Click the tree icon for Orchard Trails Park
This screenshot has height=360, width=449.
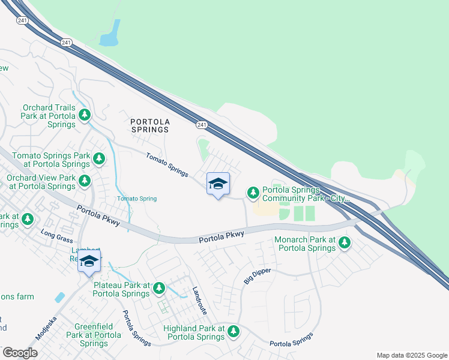tap(85, 114)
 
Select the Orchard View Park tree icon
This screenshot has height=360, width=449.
tap(85, 181)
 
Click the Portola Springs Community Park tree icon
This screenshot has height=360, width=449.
tap(253, 192)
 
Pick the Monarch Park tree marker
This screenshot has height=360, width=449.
tap(344, 242)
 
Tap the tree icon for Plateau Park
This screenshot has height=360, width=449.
tap(159, 289)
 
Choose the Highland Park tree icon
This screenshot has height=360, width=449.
tap(234, 331)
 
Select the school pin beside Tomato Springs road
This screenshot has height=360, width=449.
tap(218, 184)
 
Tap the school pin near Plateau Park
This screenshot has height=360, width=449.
tap(89, 261)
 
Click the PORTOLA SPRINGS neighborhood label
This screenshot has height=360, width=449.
tap(150, 125)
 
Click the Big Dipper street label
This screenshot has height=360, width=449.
tap(258, 275)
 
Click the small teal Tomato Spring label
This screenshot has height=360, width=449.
tap(137, 199)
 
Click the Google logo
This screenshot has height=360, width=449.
tap(20, 353)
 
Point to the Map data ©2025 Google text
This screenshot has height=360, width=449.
tap(411, 355)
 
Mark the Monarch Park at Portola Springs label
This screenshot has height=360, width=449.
tap(304, 244)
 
